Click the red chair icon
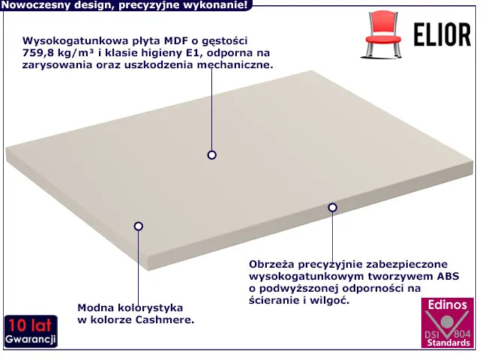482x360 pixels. point(383,34)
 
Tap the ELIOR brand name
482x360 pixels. point(442,34)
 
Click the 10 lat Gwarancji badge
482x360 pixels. point(31,331)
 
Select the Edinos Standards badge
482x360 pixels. point(448,322)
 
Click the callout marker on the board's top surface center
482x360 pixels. point(212,155)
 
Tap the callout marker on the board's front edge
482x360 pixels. point(332,208)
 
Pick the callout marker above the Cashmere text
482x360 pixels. point(139,226)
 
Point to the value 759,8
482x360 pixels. point(38,53)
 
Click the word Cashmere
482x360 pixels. point(165,319)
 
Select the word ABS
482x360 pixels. point(448,276)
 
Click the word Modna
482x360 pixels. point(95,307)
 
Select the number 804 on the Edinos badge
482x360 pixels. point(463,333)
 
